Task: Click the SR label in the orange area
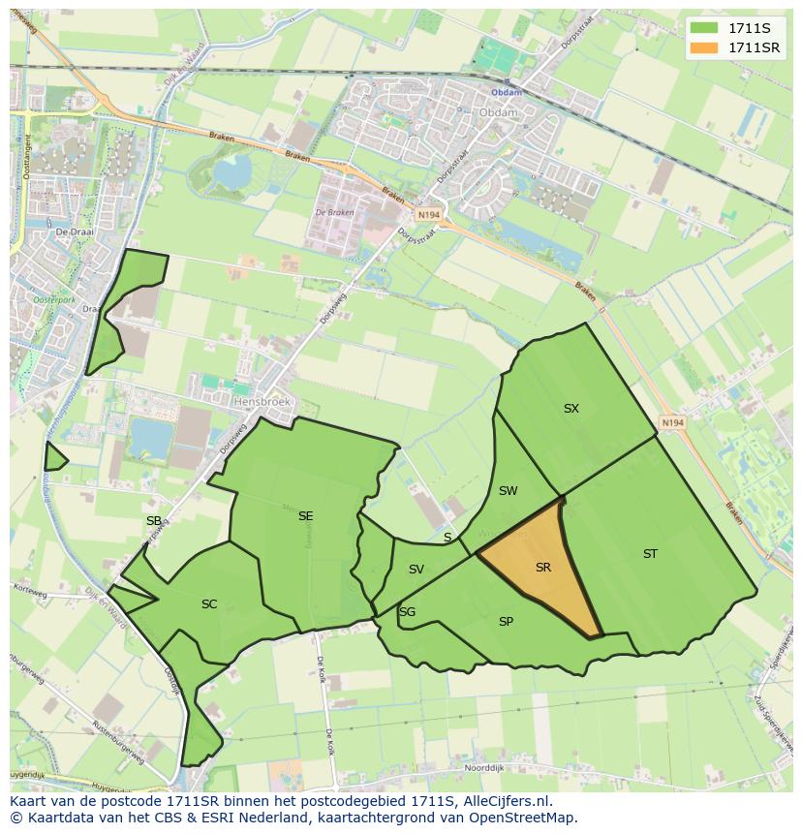pyautogui.click(x=542, y=568)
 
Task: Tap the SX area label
pyautogui.click(x=571, y=409)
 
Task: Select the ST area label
pyautogui.click(x=650, y=554)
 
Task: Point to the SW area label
pyautogui.click(x=508, y=491)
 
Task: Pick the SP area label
pyautogui.click(x=506, y=622)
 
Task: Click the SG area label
pyautogui.click(x=407, y=612)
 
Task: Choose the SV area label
pyautogui.click(x=416, y=570)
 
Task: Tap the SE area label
pyautogui.click(x=305, y=516)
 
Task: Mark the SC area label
pyautogui.click(x=209, y=604)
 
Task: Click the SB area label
pyautogui.click(x=153, y=521)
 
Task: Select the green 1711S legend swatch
pyautogui.click(x=705, y=28)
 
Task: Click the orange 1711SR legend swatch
pyautogui.click(x=705, y=47)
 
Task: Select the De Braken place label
pyautogui.click(x=334, y=213)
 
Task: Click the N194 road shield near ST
pyautogui.click(x=671, y=423)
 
